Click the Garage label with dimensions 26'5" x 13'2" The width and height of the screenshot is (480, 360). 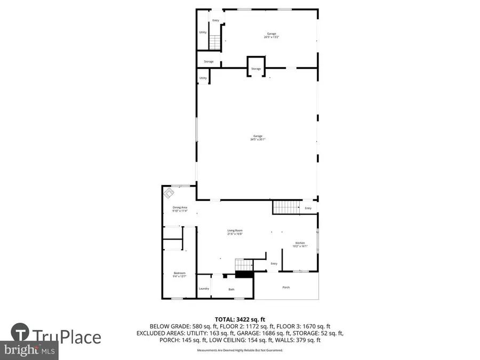pos(271,35)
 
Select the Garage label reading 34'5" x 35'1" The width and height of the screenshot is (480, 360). pos(258,138)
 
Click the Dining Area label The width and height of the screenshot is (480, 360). pos(180,209)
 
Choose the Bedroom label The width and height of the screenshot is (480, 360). pos(179,275)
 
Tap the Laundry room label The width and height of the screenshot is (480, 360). pos(204,289)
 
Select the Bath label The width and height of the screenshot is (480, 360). pos(231,290)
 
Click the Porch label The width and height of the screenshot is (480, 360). pos(286,287)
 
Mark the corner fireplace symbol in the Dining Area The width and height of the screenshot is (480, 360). pos(170,192)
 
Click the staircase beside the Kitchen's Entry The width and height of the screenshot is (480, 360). pos(285,207)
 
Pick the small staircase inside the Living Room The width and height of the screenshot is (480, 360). pos(243,265)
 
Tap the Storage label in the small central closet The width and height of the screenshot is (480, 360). pos(256,69)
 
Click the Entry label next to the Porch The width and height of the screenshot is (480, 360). pos(274,263)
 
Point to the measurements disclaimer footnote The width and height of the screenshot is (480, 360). pos(240,350)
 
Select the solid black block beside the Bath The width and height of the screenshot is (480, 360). pos(245,274)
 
